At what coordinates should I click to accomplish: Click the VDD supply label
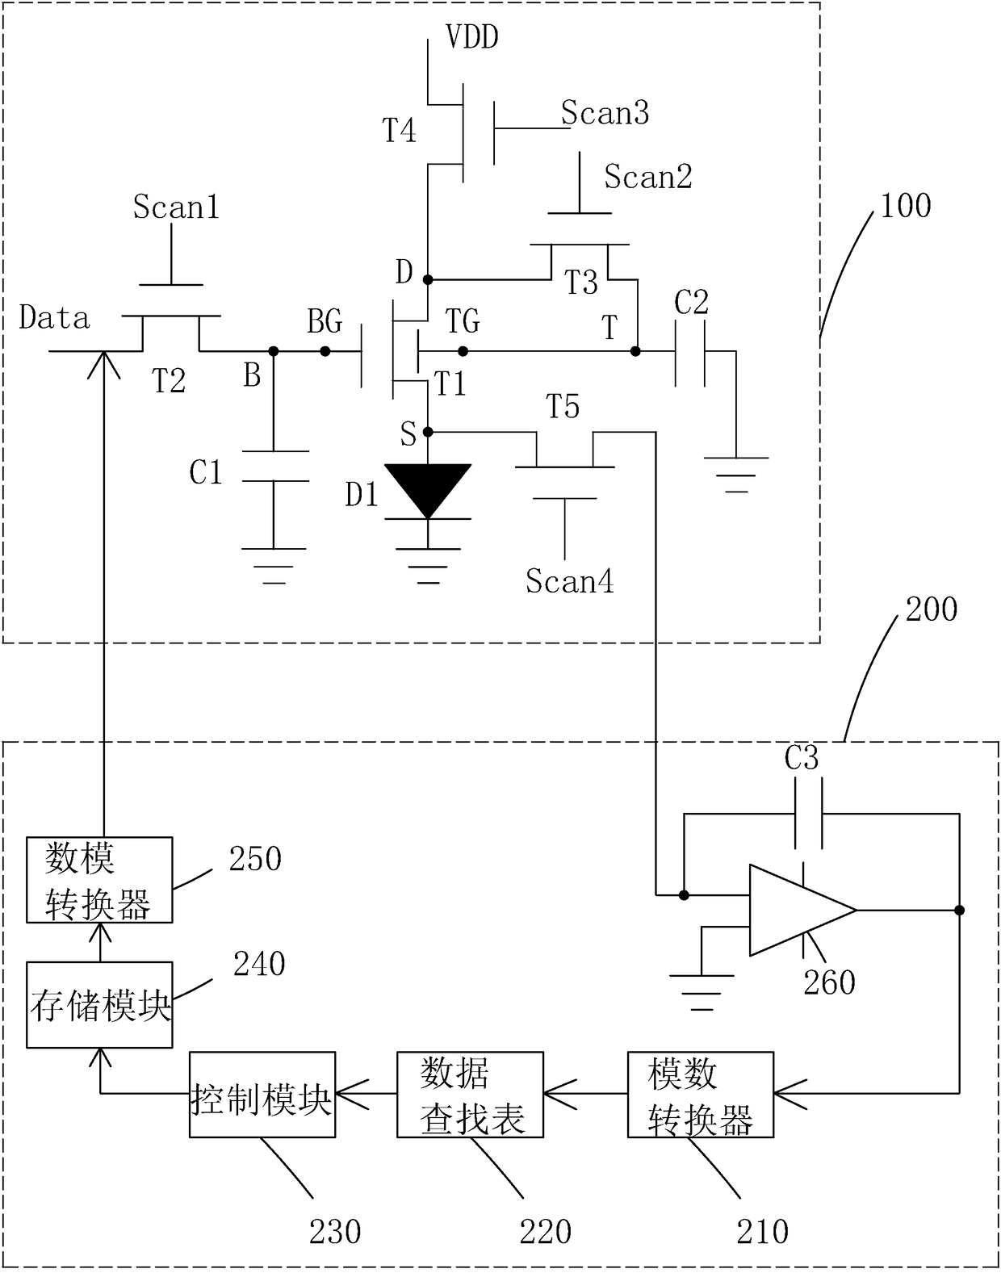[472, 36]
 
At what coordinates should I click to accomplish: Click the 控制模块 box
[262, 1094]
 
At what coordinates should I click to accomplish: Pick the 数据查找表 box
[470, 1094]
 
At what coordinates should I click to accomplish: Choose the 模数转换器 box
[701, 1094]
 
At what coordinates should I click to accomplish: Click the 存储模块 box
[99, 1005]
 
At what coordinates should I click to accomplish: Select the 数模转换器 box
[99, 880]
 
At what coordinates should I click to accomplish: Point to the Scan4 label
[570, 581]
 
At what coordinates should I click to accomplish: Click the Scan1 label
[176, 207]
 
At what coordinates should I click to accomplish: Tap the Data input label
[54, 318]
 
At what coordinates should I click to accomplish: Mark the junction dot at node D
[428, 279]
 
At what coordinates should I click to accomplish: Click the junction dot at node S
[428, 433]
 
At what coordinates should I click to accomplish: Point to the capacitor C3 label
[802, 758]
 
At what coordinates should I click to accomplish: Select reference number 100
[906, 206]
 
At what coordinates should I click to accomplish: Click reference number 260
[829, 982]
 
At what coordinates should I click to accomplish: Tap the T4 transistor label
[399, 130]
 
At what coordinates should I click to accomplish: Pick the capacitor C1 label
[206, 473]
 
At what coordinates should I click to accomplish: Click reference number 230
[335, 1232]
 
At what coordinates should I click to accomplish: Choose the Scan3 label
[605, 112]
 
